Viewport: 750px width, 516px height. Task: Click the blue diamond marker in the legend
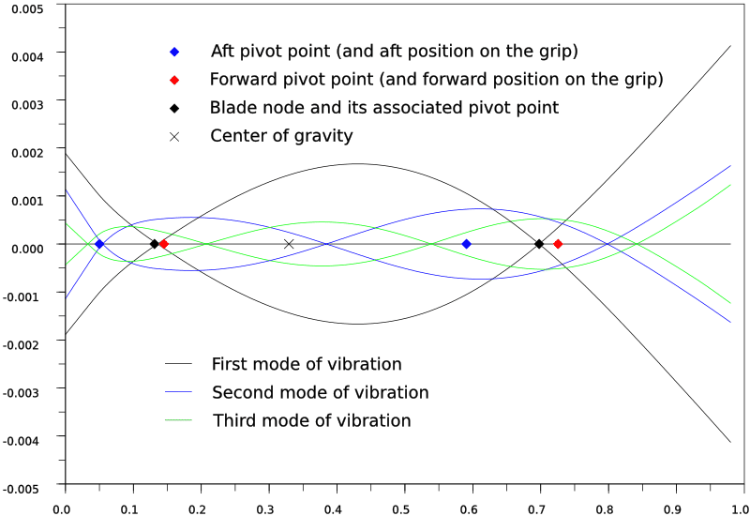coord(174,50)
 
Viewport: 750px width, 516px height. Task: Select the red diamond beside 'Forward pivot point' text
coord(174,79)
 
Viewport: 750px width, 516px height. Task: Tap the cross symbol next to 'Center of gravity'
coord(174,136)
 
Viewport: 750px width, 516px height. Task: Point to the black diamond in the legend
coord(174,108)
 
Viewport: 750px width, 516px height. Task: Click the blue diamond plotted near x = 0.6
coord(466,244)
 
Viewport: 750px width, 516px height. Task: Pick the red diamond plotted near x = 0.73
coord(558,244)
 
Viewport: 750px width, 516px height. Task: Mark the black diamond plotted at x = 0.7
coord(539,244)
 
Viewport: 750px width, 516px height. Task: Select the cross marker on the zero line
coord(289,244)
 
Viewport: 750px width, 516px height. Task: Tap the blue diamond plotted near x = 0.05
coord(99,244)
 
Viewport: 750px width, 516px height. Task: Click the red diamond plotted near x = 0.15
coord(164,244)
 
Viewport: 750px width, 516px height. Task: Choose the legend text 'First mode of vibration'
coord(307,364)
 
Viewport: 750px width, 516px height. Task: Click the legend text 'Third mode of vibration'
coord(311,420)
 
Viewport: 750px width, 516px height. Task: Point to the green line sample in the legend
coord(178,420)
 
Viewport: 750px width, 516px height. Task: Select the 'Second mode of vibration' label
coord(321,392)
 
